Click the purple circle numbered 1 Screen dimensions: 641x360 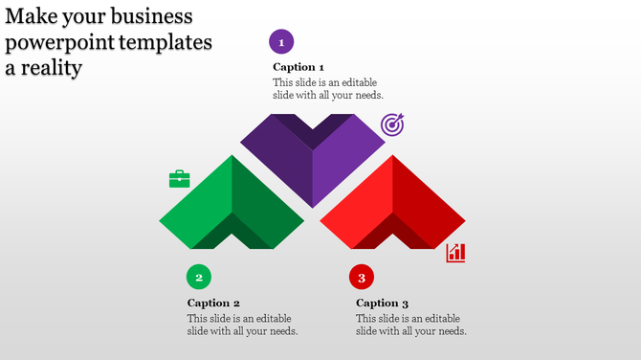tap(281, 42)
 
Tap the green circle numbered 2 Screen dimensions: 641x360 tap(199, 278)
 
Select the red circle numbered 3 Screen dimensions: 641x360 tap(362, 279)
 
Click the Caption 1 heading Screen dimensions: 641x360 tap(298, 67)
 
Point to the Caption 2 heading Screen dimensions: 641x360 tap(213, 304)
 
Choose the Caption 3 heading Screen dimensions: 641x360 tap(382, 304)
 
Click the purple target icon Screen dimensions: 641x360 tap(392, 124)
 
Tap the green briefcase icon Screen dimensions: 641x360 tap(180, 179)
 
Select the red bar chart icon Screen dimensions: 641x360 tap(456, 253)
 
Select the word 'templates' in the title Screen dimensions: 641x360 tap(163, 43)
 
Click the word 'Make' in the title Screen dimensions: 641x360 tap(31, 17)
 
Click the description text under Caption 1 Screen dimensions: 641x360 tap(328, 89)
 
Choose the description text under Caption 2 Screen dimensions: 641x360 tap(242, 325)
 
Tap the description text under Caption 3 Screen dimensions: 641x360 tap(410, 325)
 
